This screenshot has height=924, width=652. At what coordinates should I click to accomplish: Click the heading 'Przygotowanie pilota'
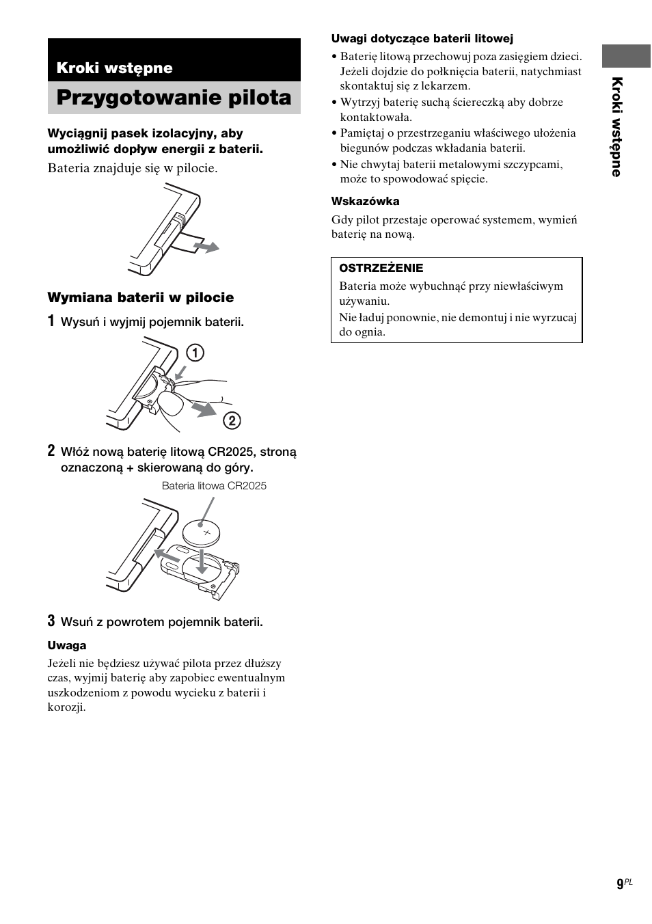point(174,98)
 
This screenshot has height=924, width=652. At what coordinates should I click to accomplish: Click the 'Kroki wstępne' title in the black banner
point(114,68)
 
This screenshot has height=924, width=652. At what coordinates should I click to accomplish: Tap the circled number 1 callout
point(195,353)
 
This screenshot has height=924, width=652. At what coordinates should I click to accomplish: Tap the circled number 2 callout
point(232,420)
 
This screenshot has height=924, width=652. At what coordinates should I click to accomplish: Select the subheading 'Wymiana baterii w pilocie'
point(140,297)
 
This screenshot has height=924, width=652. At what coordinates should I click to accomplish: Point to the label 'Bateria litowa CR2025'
point(214,486)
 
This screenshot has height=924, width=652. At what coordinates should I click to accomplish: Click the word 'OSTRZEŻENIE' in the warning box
point(381,268)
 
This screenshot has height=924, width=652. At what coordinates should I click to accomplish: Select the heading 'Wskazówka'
point(365,201)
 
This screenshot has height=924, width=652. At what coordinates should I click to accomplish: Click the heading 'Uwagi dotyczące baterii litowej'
point(422,39)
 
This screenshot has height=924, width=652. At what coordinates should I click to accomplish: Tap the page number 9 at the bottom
point(620,884)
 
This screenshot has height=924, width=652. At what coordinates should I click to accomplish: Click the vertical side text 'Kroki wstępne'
point(616,127)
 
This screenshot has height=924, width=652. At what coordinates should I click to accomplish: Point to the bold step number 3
point(51,621)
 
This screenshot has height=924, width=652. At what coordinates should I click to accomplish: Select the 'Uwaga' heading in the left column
point(67,645)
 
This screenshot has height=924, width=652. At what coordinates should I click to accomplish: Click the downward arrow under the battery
point(201,561)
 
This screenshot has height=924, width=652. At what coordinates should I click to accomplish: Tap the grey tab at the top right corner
point(625,56)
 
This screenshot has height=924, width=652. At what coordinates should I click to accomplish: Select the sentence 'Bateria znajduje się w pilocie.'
point(133,168)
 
